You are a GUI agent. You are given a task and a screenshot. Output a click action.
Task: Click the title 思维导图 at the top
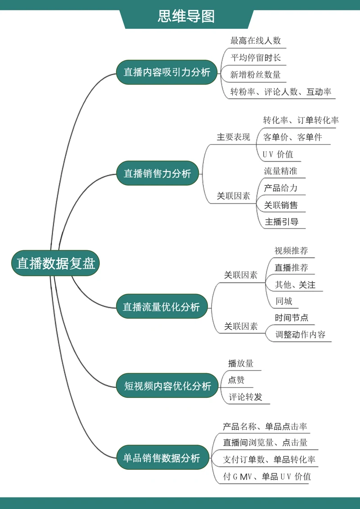(186, 16)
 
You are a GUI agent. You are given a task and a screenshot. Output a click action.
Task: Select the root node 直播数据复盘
(55, 263)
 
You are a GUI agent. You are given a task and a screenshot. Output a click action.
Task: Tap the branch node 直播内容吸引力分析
(167, 72)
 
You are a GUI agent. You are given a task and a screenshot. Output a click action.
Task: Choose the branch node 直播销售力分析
(157, 173)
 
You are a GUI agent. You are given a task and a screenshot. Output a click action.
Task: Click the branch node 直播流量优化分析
(161, 307)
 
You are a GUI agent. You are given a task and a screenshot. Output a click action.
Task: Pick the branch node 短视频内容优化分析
(167, 386)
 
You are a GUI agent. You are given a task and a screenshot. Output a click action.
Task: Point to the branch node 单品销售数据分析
(161, 458)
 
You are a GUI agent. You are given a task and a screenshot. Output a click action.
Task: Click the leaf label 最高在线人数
(256, 41)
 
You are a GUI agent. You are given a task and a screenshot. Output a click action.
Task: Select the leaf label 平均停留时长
(256, 58)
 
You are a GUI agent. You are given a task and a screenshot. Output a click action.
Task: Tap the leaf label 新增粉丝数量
(256, 75)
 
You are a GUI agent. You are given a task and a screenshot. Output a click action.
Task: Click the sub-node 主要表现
(233, 137)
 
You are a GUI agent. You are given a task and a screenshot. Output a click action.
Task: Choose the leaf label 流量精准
(280, 171)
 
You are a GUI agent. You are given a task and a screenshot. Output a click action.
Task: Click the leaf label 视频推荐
(291, 251)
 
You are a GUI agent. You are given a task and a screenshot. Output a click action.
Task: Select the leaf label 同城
(284, 301)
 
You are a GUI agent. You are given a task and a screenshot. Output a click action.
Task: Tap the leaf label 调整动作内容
(300, 335)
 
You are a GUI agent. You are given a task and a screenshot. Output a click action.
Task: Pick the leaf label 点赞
(236, 380)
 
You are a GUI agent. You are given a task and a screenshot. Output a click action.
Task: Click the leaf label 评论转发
(245, 397)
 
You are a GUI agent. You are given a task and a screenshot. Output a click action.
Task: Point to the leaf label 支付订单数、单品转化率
(269, 460)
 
